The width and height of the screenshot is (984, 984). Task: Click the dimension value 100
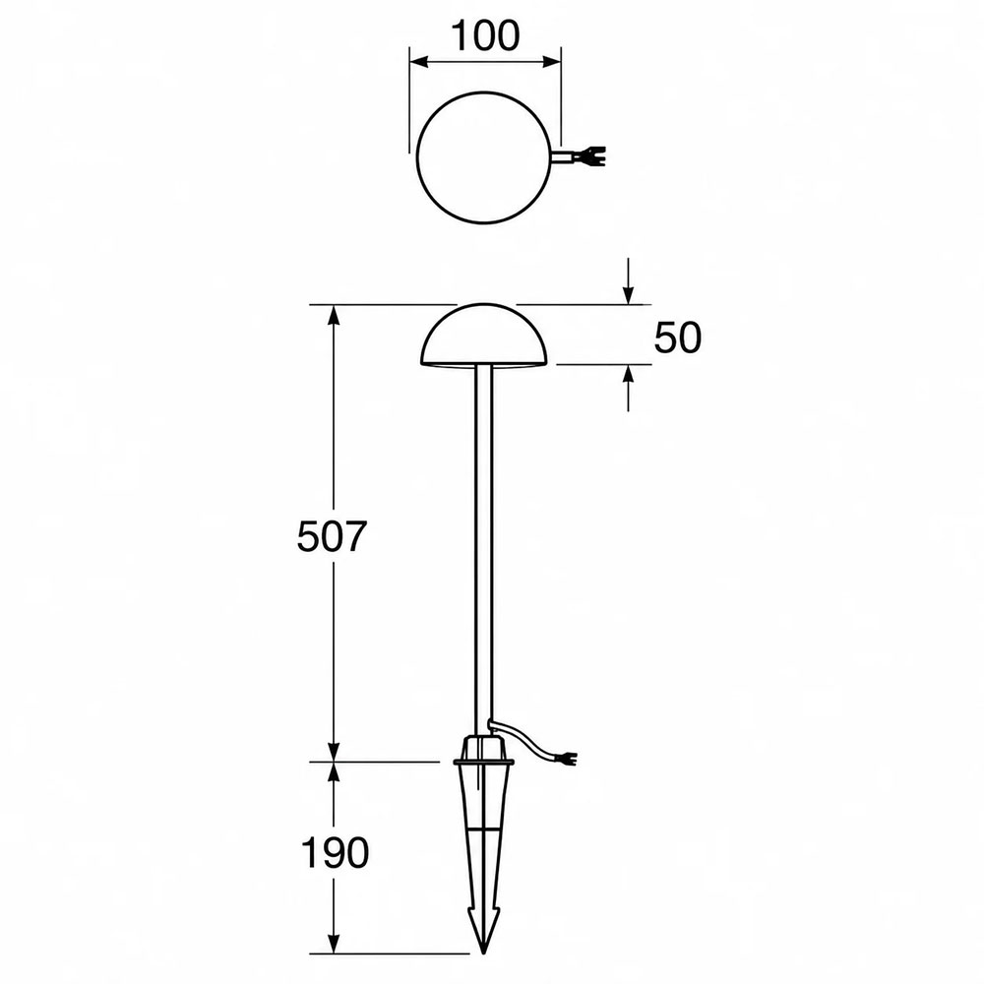click(x=486, y=35)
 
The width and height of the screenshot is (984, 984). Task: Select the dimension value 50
click(x=678, y=338)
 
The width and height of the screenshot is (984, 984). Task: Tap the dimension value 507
click(x=331, y=536)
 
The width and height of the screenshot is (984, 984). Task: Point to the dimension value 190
click(x=336, y=853)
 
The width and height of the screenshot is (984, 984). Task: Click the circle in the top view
click(x=418, y=156)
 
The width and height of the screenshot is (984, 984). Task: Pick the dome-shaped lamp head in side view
click(x=483, y=335)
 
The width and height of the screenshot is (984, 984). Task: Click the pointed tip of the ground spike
click(x=483, y=953)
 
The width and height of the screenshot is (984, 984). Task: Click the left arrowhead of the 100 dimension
click(x=418, y=61)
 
